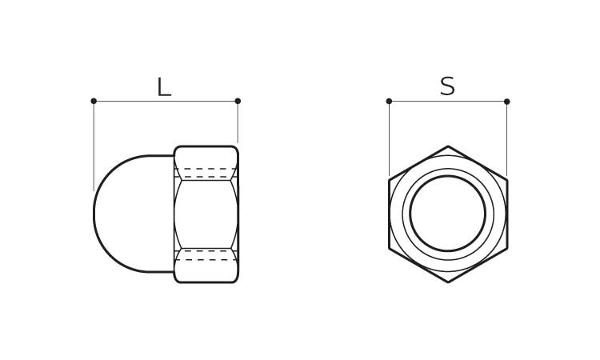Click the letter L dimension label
[x=164, y=87]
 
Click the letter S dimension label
[x=447, y=86]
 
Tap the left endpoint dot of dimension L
[x=94, y=101]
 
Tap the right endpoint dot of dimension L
[x=238, y=101]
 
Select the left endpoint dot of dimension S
[x=389, y=101]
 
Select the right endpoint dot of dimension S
[x=507, y=102]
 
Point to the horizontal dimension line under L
[x=166, y=101]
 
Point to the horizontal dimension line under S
[x=448, y=102]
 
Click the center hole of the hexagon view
[x=448, y=214]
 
